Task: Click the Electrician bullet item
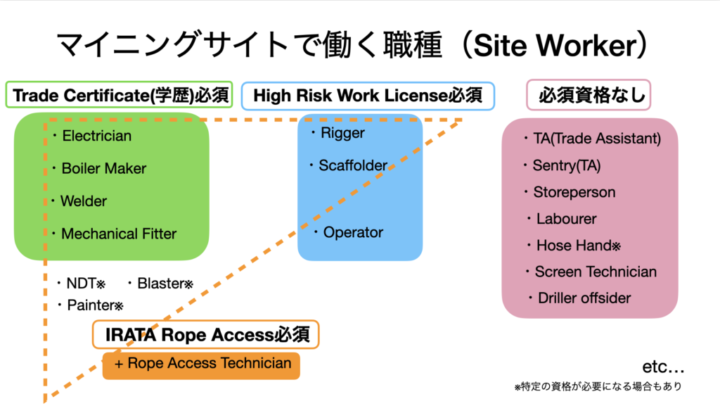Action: click(x=96, y=136)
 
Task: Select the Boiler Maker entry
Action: click(x=103, y=169)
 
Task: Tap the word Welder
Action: click(x=83, y=201)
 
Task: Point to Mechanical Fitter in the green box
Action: click(x=118, y=234)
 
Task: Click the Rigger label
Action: click(x=342, y=132)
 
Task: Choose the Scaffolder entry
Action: click(x=352, y=166)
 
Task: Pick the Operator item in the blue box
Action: click(x=353, y=232)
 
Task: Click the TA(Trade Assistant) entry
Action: click(x=596, y=139)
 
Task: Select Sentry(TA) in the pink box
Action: click(x=566, y=165)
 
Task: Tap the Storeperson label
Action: click(x=574, y=192)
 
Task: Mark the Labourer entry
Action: click(x=566, y=219)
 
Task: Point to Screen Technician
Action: click(x=595, y=272)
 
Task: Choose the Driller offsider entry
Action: click(x=584, y=298)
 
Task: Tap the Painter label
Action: click(x=94, y=305)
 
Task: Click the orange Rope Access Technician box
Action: click(x=201, y=364)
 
